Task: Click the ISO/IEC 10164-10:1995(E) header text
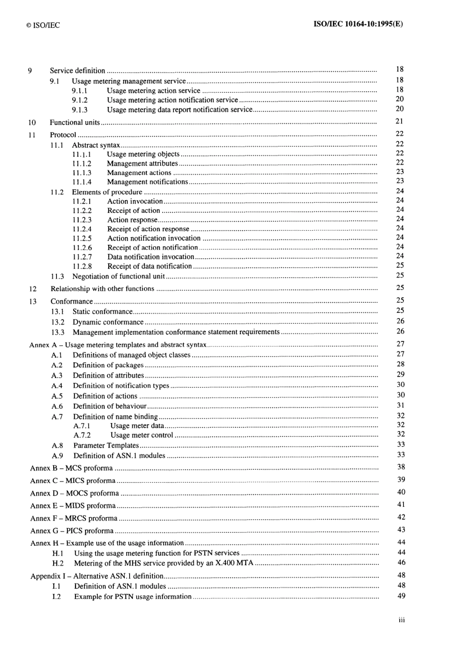click(x=358, y=24)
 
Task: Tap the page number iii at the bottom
click(x=401, y=620)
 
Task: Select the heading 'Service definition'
click(x=77, y=70)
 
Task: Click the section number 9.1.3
click(x=80, y=109)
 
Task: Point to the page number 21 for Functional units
click(x=399, y=121)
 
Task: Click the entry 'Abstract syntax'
click(x=95, y=145)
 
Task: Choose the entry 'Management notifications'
click(x=147, y=182)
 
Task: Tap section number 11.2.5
click(x=82, y=238)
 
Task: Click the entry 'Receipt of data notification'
click(x=149, y=266)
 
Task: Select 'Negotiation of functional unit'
click(x=118, y=276)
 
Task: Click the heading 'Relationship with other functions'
click(x=102, y=289)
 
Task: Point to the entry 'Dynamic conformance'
click(x=108, y=322)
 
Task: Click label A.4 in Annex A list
click(x=57, y=386)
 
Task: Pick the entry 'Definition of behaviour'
click(x=110, y=406)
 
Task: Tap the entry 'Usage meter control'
click(x=141, y=435)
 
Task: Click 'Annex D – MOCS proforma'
click(x=74, y=493)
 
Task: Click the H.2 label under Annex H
click(x=57, y=563)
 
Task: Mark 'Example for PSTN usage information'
click(x=132, y=596)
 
